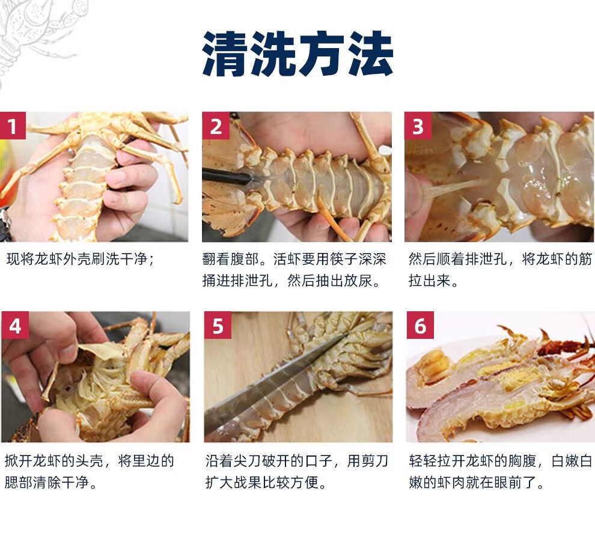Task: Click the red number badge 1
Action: pos(13,126)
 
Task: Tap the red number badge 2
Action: pos(216,126)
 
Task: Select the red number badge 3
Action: pos(418,126)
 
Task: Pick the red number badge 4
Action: pos(15,325)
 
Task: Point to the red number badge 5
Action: pos(218,325)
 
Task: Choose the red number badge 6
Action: pos(420,325)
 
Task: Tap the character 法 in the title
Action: pos(371,53)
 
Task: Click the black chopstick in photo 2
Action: pos(226,177)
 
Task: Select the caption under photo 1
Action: pos(81,259)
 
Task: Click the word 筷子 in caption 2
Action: pos(343,259)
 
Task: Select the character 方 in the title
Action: pos(322,53)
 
